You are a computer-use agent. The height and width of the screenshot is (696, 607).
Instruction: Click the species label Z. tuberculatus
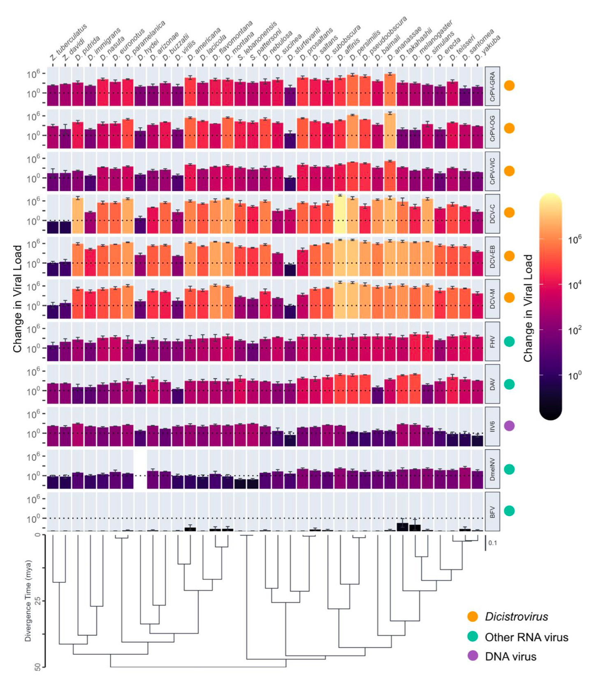click(69, 43)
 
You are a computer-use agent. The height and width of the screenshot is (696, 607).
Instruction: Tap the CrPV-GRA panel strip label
click(493, 86)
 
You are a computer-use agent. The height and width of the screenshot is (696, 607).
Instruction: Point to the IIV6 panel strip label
click(493, 426)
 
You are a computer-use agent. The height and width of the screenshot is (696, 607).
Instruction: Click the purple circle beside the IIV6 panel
click(510, 426)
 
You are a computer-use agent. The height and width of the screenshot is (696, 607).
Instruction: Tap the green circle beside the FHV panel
click(510, 341)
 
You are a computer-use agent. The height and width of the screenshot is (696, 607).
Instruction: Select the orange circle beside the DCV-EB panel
click(510, 256)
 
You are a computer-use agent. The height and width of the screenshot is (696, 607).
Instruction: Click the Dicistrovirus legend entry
click(516, 617)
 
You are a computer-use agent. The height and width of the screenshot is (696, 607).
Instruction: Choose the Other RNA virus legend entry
click(526, 637)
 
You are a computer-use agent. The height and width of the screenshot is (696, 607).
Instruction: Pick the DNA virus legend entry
click(510, 657)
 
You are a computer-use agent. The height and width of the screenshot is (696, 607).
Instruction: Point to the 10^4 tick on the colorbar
click(575, 285)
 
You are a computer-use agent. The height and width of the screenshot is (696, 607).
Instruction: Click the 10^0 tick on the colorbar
click(575, 375)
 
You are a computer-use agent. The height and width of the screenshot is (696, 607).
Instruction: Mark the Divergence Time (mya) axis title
click(28, 601)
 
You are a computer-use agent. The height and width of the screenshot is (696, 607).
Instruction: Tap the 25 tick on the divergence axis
click(38, 601)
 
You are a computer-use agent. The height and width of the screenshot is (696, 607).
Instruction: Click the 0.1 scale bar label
click(493, 543)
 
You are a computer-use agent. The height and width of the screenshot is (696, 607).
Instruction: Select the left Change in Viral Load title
click(17, 299)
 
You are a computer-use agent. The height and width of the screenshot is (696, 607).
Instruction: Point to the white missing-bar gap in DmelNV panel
click(140, 469)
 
